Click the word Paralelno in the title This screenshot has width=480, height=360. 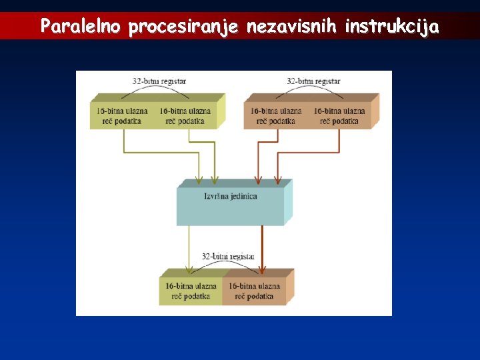coord(81,27)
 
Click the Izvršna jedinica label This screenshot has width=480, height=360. coord(231,197)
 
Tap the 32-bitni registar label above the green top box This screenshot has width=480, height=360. coord(159,81)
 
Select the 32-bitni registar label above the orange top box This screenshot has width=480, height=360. coord(313,81)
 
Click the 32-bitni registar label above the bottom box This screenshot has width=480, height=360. coord(229,256)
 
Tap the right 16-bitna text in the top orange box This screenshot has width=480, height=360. coord(339,111)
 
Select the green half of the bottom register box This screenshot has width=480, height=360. coord(191,291)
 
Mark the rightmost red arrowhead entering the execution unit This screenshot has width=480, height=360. coord(277,180)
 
